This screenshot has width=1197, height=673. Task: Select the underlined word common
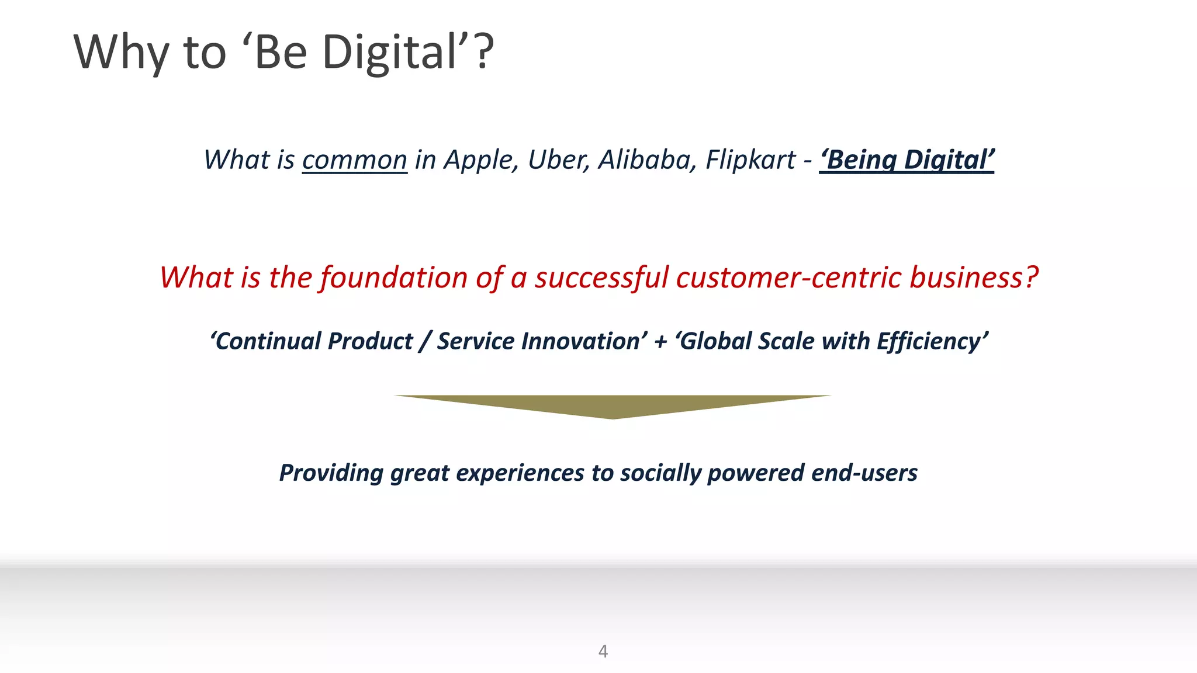(x=354, y=160)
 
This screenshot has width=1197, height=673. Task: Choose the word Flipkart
(x=750, y=160)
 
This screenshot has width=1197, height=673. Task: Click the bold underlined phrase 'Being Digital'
(x=907, y=160)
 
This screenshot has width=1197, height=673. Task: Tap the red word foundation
(x=394, y=277)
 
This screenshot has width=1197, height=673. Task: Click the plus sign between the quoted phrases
(x=660, y=342)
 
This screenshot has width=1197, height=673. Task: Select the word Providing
(x=331, y=473)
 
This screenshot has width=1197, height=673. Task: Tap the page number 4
(x=603, y=651)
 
